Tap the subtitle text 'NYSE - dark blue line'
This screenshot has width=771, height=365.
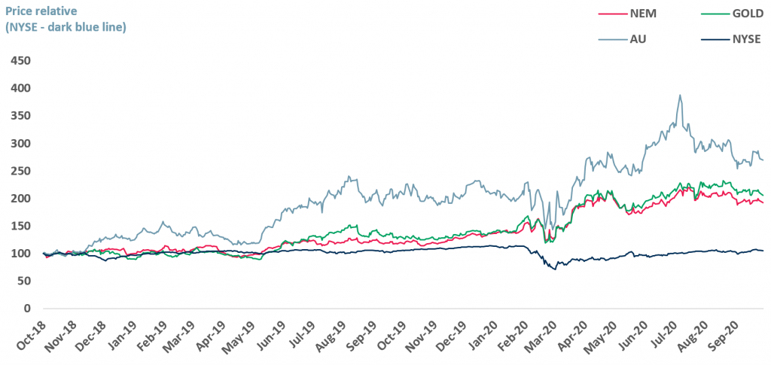tap(66, 26)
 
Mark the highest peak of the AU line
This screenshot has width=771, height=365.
tap(680, 96)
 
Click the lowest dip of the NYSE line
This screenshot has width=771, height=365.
tap(556, 269)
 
